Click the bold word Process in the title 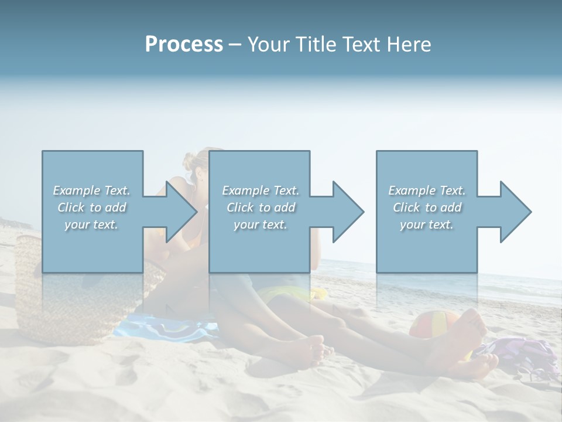184,45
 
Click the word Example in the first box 77,190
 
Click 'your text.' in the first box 91,224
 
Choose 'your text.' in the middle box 261,224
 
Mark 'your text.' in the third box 427,224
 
